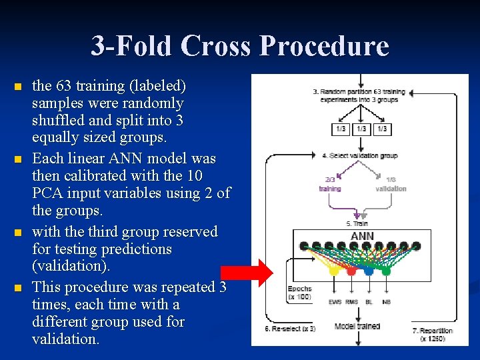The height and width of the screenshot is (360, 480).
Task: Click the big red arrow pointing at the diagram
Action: point(247,272)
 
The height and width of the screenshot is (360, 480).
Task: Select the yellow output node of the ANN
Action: point(334,271)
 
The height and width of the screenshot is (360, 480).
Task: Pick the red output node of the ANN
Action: point(351,271)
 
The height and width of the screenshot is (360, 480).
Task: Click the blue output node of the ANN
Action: point(369,271)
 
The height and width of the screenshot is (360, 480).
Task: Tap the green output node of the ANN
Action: point(386,271)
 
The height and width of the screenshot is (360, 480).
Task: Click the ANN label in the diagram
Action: point(362,237)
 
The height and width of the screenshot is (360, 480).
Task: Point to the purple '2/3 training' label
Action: point(330,184)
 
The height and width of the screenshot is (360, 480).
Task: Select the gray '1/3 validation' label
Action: point(391,184)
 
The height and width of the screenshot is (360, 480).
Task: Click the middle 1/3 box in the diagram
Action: point(361,128)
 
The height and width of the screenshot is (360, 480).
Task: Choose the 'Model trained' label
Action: point(357,326)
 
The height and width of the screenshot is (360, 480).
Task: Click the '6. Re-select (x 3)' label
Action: point(290,329)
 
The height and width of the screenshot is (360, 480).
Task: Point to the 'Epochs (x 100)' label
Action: point(299,293)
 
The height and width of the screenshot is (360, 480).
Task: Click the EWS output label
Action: point(335,302)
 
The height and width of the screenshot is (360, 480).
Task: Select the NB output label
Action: point(387,302)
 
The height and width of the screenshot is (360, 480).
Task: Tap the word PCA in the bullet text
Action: point(47,194)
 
